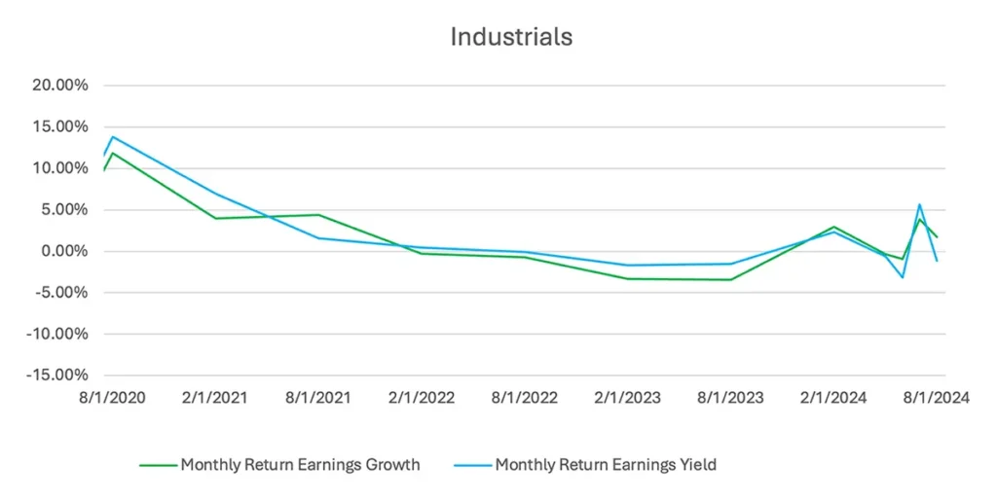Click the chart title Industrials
pos(510,37)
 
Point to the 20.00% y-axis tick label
pos(60,86)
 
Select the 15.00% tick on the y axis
pos(60,127)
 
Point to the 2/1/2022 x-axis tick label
pos(421,398)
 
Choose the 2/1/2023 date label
pos(628,398)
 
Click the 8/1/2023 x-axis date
pos(731,398)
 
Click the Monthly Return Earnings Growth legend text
pos(300,465)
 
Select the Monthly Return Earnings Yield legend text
pos(606,465)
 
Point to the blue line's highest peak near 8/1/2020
pos(113,136)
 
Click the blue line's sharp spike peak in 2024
pos(919,204)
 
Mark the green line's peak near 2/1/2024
pos(834,227)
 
